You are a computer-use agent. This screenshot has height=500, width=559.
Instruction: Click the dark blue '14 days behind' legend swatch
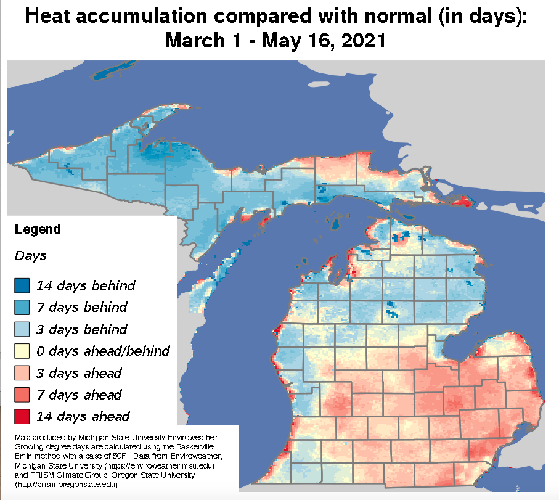(x=22, y=285)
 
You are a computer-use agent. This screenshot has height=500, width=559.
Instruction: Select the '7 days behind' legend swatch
(x=22, y=307)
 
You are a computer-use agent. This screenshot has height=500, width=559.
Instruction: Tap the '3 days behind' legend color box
(x=22, y=329)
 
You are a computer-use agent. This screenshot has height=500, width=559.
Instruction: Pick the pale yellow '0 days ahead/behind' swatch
(x=22, y=351)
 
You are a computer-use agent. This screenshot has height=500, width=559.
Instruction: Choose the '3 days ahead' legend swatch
(x=22, y=373)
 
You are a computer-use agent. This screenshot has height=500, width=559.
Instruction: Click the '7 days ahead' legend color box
(x=22, y=395)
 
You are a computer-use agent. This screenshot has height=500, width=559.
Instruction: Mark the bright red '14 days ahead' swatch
(x=22, y=416)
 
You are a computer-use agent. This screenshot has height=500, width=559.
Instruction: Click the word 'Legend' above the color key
(x=38, y=230)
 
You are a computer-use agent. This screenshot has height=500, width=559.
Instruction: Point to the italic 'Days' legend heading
(x=30, y=255)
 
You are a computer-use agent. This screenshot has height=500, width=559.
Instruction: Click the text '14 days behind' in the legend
(x=86, y=285)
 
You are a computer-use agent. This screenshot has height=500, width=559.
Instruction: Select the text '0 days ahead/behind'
(x=103, y=351)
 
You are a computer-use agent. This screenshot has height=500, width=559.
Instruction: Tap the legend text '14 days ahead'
(x=83, y=416)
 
